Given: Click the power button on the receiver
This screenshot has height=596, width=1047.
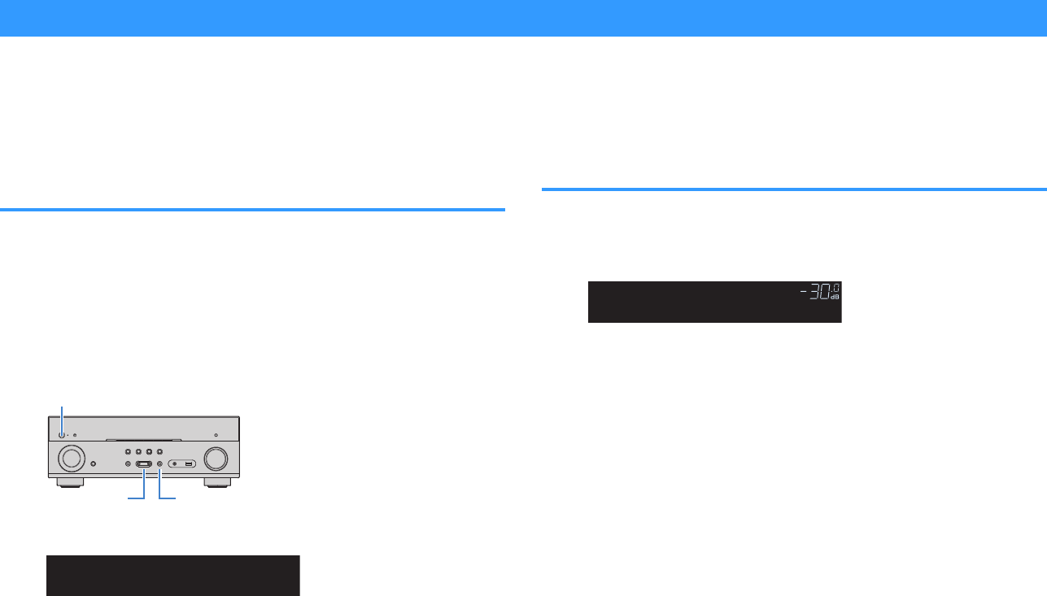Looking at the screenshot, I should coord(62,434).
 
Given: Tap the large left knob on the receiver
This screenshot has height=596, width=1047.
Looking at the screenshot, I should coord(69,459).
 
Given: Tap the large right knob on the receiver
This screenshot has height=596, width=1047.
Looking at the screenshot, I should coord(216,459).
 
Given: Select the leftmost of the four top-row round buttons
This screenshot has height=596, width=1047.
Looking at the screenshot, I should coord(128,450).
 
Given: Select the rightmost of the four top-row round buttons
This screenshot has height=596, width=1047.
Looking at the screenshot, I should coord(159,450).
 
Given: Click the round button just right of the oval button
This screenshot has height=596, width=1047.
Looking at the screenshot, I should coord(159,464).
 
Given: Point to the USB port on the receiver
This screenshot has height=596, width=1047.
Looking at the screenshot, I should coord(189,464).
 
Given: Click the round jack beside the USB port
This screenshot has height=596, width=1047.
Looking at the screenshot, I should coord(175,464).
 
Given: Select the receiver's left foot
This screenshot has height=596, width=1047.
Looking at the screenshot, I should coord(69,482).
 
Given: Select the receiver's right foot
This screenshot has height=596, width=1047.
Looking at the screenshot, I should coord(216,482).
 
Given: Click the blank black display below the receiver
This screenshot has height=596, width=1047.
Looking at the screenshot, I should coord(172,576).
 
